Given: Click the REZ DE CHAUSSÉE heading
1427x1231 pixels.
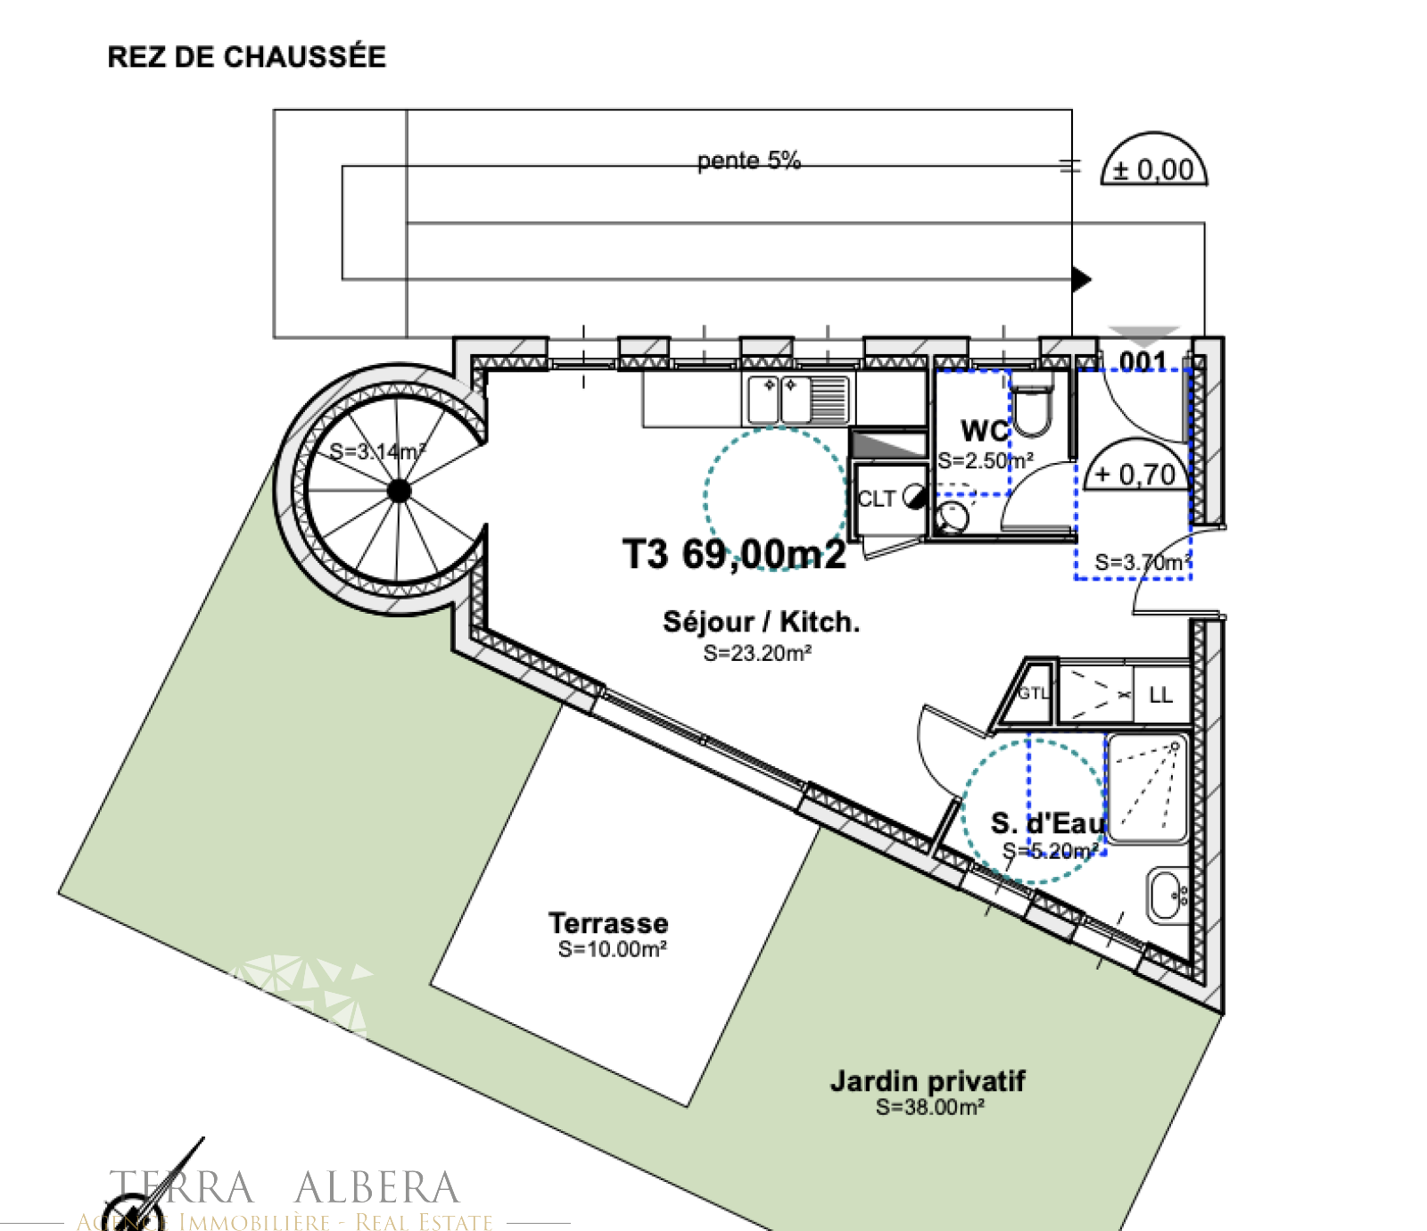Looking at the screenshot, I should [x=246, y=57].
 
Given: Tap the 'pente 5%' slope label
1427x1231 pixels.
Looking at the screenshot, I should [x=748, y=161].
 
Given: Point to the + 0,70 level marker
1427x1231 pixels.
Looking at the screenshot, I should [x=1136, y=474].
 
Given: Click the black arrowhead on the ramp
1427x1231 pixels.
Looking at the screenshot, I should [x=1081, y=279].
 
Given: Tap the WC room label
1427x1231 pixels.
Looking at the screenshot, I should [x=984, y=431].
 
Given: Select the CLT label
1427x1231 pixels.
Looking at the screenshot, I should [x=876, y=499].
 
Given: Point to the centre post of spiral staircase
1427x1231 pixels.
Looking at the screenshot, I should [x=399, y=490].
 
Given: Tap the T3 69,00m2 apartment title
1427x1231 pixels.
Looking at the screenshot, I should [x=733, y=554].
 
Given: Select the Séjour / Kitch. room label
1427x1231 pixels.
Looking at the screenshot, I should [x=761, y=622].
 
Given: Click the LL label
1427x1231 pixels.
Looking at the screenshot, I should [x=1160, y=695].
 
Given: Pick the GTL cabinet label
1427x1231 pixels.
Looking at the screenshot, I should [x=1033, y=693].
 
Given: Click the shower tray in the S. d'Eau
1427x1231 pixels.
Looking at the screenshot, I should [x=1148, y=788].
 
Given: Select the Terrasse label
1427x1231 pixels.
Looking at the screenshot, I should [x=608, y=923].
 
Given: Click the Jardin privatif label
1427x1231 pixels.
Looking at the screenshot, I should [x=928, y=1081].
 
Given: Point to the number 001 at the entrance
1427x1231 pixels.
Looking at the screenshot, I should [x=1142, y=361].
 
